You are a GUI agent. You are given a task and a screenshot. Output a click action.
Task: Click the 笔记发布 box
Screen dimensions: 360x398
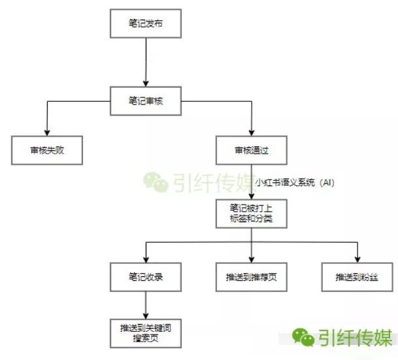(x=146, y=24)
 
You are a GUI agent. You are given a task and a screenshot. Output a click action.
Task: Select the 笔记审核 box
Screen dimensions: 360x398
(x=146, y=101)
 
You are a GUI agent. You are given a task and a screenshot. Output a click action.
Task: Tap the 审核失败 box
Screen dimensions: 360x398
(x=46, y=150)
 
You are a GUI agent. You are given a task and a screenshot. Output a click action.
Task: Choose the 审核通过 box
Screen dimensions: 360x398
(x=252, y=150)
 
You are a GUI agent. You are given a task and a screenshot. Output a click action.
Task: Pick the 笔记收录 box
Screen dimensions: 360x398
(x=146, y=277)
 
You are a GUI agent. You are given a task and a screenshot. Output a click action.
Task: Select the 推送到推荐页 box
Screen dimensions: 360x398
(x=252, y=277)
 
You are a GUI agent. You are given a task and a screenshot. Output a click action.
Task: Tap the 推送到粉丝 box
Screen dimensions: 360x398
(x=357, y=277)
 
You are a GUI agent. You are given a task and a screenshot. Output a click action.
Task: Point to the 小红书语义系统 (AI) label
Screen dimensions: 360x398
(x=295, y=182)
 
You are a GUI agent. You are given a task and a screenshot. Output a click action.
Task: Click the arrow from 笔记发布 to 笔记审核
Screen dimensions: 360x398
(x=146, y=62)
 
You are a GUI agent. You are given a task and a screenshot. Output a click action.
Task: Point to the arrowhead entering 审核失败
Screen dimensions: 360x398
(x=46, y=133)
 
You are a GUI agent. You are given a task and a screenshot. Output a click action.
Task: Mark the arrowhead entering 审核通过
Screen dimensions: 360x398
(x=252, y=133)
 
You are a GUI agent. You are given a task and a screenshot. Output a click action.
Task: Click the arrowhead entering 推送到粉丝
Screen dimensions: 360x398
(x=357, y=259)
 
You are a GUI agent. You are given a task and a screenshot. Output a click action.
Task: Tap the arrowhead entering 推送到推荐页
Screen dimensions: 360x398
(x=252, y=259)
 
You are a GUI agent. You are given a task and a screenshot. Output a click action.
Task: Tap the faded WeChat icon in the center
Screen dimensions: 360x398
(x=155, y=182)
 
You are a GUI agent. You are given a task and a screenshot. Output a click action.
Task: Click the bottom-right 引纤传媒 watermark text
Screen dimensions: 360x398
(x=356, y=337)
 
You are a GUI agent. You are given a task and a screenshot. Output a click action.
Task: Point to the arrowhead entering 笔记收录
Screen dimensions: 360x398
(x=146, y=259)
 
